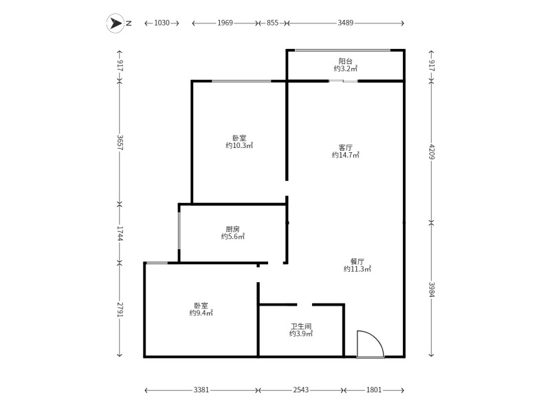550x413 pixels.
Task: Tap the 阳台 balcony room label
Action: coord(345,61)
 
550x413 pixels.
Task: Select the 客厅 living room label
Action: coord(345,147)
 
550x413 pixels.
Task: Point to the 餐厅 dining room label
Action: coord(357,261)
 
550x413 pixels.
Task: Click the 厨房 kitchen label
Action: coord(232,229)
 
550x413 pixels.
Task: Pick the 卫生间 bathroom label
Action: coord(300,326)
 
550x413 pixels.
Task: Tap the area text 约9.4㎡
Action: coord(201,313)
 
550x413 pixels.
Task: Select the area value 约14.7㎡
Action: coord(345,156)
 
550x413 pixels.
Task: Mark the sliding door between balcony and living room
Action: coord(343,81)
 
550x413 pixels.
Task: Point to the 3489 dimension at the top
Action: coord(345,23)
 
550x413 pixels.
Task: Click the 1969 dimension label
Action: coord(225,23)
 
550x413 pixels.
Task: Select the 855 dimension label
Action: coord(272,23)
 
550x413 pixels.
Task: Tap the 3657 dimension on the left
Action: coord(120,142)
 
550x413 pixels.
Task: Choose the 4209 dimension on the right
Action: coord(431,151)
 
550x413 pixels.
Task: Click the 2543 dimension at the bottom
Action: coord(300,390)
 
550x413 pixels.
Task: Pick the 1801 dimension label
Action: coord(374,390)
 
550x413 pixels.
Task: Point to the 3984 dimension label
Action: coord(431,289)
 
